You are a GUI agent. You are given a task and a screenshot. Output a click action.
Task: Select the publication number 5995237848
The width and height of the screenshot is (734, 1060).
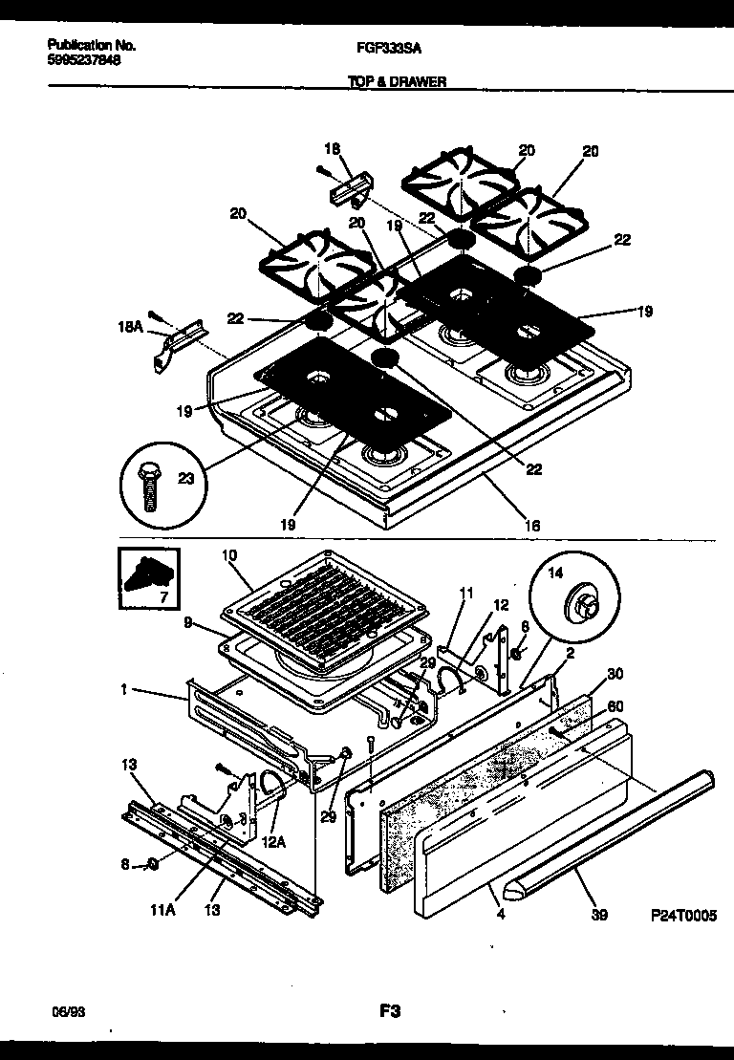pyautogui.click(x=84, y=59)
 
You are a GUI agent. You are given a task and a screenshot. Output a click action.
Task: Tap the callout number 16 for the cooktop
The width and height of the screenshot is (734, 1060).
pyautogui.click(x=532, y=525)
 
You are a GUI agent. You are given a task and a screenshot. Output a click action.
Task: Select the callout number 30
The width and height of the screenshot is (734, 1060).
pyautogui.click(x=615, y=673)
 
